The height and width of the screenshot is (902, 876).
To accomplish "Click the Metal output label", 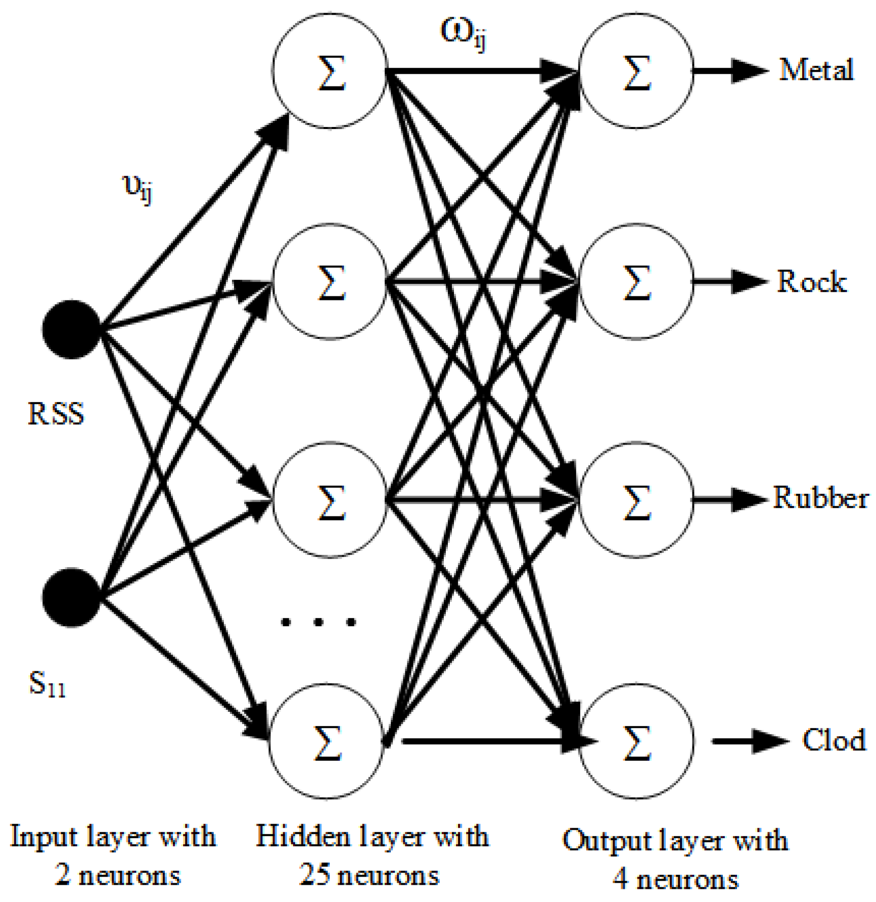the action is tap(816, 70).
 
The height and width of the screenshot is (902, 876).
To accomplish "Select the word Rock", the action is tap(811, 282).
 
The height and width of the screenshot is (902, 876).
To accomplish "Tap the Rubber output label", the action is tap(820, 498).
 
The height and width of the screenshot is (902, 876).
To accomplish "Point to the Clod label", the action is tap(834, 740).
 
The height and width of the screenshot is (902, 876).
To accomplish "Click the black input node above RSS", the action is tap(71, 329).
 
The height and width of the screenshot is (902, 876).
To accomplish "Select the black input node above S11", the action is tap(71, 597).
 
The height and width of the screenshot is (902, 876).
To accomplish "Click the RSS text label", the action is tap(56, 414).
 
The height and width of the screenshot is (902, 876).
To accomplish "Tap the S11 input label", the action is tap(47, 684).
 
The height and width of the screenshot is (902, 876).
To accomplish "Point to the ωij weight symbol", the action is tap(463, 33).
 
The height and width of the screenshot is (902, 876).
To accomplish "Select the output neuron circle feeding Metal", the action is tap(636, 71).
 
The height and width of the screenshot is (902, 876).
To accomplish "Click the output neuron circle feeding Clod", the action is tap(636, 742).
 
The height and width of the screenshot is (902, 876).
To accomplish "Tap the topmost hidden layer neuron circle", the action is tap(330, 71).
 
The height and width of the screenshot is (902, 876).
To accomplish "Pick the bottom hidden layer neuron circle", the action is tap(327, 742).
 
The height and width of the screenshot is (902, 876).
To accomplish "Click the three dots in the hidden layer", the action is tap(318, 622).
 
